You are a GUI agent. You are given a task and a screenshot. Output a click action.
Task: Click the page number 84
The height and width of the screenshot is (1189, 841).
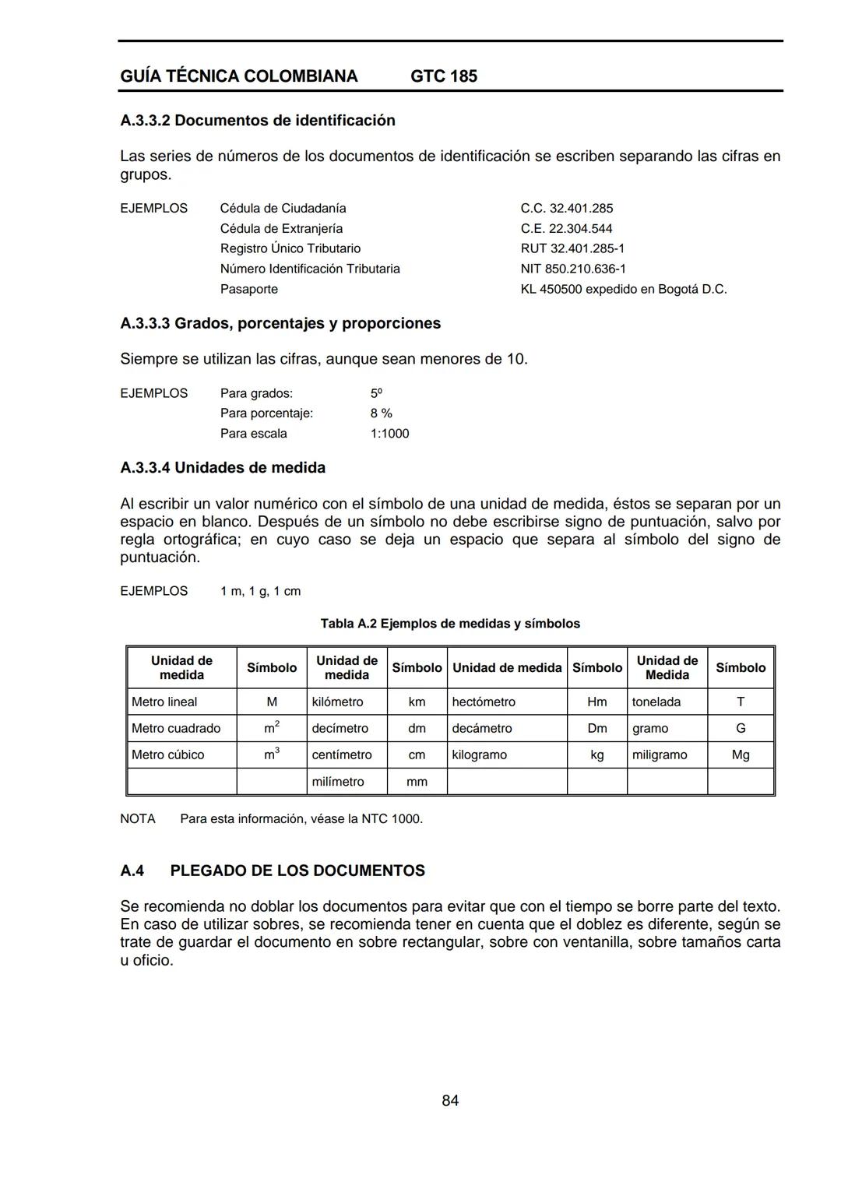(x=450, y=1100)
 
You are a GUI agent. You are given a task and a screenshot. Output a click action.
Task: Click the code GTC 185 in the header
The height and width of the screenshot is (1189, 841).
(x=444, y=76)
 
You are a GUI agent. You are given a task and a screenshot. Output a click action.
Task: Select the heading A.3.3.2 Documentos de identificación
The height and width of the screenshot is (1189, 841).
(x=258, y=121)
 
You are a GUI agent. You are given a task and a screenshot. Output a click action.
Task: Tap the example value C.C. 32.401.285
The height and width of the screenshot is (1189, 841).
(x=566, y=209)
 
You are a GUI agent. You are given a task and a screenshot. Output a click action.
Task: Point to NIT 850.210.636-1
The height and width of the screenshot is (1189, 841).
(x=573, y=269)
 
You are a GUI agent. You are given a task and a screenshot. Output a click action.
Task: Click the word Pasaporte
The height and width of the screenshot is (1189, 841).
(x=248, y=289)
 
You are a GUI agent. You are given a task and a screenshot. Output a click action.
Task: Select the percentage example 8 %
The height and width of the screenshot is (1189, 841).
(x=381, y=413)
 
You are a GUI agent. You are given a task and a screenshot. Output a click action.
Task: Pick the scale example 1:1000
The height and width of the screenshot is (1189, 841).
(x=389, y=434)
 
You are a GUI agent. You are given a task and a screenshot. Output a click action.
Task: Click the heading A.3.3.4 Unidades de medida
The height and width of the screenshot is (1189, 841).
(x=223, y=468)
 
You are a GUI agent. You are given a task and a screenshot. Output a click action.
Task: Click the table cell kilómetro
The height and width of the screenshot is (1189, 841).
(x=337, y=702)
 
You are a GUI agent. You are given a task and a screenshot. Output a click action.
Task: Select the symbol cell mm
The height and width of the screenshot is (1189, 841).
(x=417, y=781)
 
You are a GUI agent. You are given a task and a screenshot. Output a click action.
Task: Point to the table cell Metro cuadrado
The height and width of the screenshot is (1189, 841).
(x=176, y=728)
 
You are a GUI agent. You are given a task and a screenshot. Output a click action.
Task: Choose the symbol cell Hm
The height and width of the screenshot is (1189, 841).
(x=596, y=702)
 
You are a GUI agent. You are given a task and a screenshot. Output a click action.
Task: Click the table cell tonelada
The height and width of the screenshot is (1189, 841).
(x=656, y=702)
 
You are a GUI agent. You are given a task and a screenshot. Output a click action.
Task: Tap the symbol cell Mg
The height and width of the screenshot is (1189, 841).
(x=741, y=755)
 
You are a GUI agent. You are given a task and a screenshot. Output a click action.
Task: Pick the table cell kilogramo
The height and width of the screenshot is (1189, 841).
(x=479, y=755)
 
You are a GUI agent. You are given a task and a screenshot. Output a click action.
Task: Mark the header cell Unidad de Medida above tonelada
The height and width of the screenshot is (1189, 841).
(x=667, y=667)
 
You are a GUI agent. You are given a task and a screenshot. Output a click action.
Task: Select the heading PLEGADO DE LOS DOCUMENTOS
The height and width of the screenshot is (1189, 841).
(x=297, y=871)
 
